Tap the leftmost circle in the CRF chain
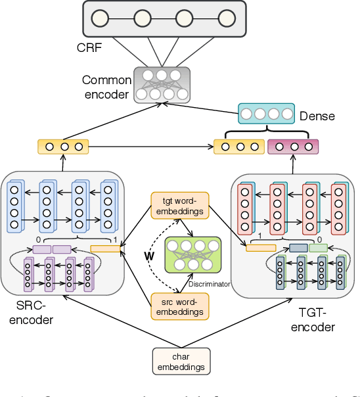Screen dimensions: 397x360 [100, 18]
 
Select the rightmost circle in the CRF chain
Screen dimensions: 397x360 [226, 18]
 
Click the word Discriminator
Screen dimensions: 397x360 [209, 284]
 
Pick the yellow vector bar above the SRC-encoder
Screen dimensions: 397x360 [62, 145]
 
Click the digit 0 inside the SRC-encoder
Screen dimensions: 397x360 [38, 239]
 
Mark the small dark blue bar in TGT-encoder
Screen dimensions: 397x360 [298, 248]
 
